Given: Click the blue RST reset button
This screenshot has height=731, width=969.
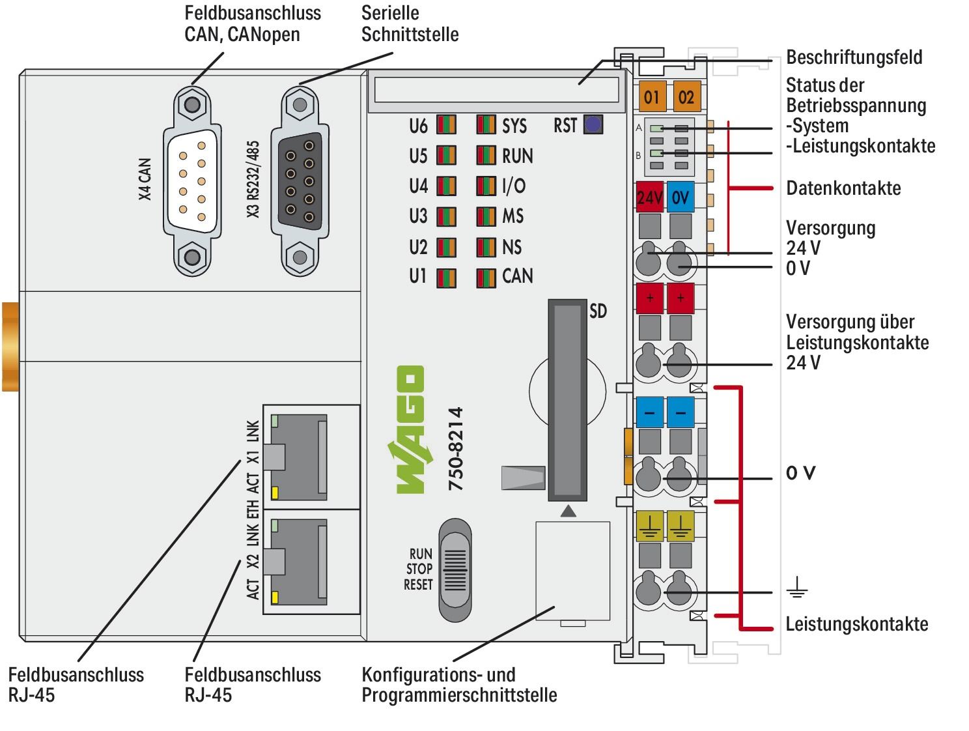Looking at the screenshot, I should tap(593, 124).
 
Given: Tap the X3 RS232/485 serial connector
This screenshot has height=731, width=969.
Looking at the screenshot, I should tap(300, 180).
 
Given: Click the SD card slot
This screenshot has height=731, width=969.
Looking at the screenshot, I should tap(567, 399).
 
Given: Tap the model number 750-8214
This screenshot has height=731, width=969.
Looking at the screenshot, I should tap(456, 449).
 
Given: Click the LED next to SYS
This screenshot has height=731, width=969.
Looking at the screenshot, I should tap(486, 125).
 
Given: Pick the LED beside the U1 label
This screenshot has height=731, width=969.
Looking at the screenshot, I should tap(446, 278).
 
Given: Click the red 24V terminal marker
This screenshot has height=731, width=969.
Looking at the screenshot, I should tap(649, 197).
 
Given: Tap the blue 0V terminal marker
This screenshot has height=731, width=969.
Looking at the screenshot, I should tap(681, 197).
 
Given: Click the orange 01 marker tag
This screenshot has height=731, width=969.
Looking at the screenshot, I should tap(651, 97).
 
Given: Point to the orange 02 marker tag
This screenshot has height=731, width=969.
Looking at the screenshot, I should tap(686, 97).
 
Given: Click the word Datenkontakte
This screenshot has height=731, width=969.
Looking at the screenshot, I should tap(843, 188).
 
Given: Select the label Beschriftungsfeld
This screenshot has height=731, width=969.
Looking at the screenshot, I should tap(854, 57).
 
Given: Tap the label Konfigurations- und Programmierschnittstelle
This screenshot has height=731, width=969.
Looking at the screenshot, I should tap(458, 685).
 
